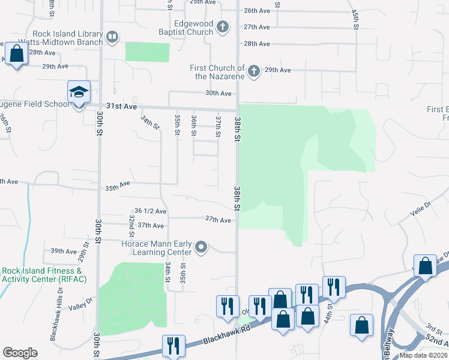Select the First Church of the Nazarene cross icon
253,71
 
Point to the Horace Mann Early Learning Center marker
201,246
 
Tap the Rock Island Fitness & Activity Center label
44,275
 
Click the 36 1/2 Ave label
151,211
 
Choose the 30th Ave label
218,93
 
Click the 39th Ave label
64,251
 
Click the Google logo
20,353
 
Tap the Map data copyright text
424,355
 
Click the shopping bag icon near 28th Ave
17,55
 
